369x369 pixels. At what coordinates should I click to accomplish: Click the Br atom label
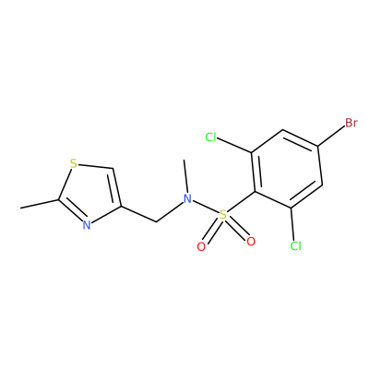click(x=351, y=123)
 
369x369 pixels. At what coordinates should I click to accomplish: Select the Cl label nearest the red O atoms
click(x=295, y=245)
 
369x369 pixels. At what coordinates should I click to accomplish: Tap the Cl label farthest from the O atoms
click(x=211, y=137)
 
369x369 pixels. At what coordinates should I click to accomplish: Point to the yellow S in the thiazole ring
click(x=73, y=163)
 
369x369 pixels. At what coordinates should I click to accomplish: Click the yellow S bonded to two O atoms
click(x=223, y=215)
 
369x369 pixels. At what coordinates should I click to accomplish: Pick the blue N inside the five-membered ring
click(x=87, y=225)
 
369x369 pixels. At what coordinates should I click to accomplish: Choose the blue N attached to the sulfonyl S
click(x=187, y=198)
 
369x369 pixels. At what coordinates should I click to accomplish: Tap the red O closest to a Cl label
click(x=251, y=242)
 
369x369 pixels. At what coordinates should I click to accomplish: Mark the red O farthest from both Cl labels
click(x=201, y=246)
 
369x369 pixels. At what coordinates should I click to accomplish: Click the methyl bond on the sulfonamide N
click(x=185, y=176)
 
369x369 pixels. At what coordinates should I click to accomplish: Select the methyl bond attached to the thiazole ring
click(x=40, y=204)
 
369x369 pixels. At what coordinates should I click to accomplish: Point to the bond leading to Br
click(x=331, y=137)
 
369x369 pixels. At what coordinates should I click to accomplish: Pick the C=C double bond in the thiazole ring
click(x=116, y=187)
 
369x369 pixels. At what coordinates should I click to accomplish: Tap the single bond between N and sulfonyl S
click(x=206, y=207)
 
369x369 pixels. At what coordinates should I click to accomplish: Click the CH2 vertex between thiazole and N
click(x=156, y=221)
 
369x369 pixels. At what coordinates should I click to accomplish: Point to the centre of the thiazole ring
click(x=91, y=192)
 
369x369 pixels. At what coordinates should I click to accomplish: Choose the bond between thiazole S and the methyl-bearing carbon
click(x=65, y=184)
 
